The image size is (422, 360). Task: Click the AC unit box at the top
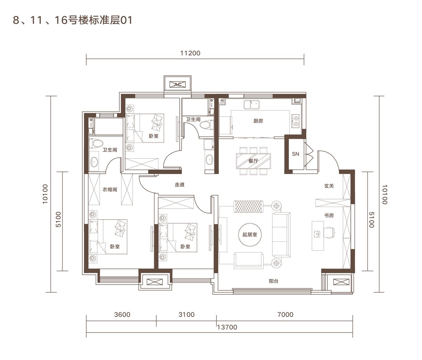(x=178, y=84)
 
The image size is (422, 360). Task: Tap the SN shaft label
(x=295, y=154)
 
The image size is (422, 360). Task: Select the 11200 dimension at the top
(x=190, y=53)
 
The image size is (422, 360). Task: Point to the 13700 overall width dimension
(x=227, y=327)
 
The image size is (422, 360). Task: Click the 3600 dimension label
(x=122, y=314)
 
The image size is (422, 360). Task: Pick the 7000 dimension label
(x=285, y=314)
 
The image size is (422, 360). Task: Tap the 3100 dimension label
(x=186, y=314)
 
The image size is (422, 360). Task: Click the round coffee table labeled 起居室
(x=250, y=235)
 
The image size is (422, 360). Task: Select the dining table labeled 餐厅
(x=253, y=161)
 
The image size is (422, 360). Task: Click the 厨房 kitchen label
(x=258, y=121)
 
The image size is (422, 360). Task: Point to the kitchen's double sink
(x=251, y=104)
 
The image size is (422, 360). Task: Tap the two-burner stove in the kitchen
(x=295, y=121)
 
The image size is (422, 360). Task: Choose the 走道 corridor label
(x=180, y=184)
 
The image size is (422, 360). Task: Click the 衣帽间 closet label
(x=110, y=189)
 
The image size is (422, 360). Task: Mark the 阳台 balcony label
(x=273, y=281)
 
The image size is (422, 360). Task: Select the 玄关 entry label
(x=329, y=186)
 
